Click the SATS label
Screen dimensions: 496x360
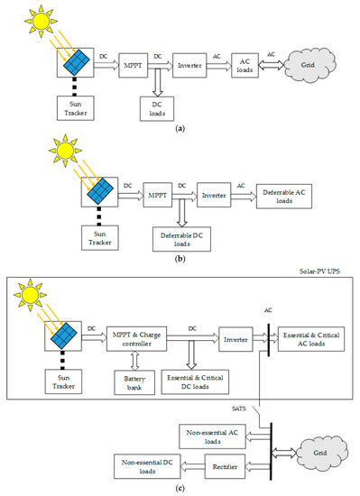(x=232, y=410)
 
